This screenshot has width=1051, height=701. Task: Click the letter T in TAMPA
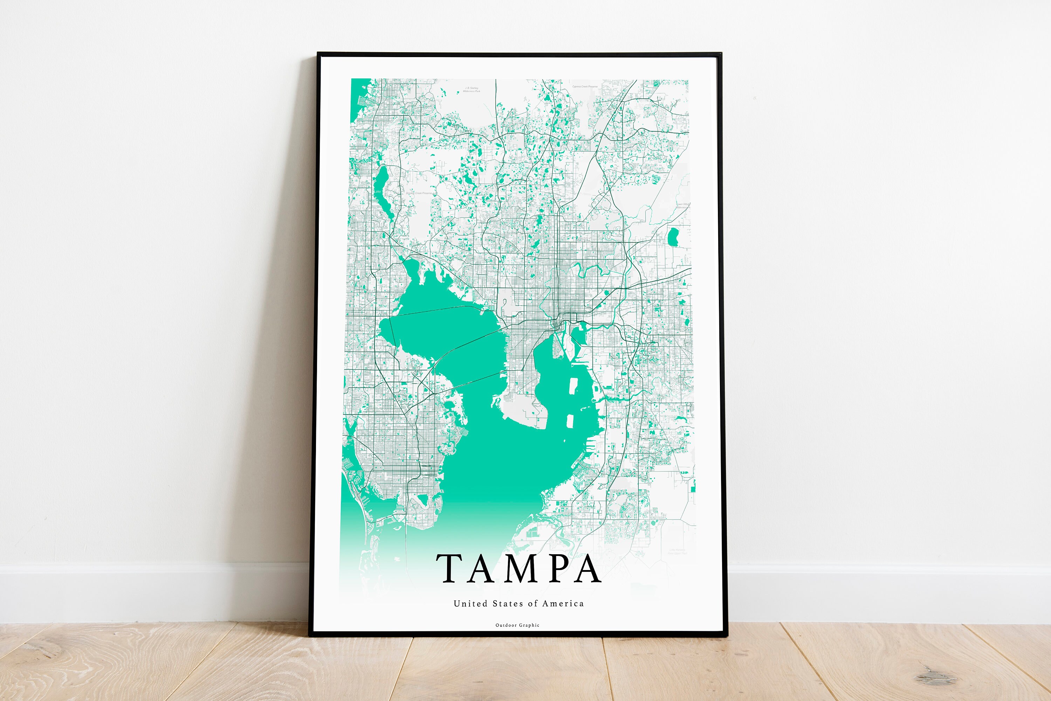(x=451, y=569)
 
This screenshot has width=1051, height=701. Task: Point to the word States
(x=508, y=604)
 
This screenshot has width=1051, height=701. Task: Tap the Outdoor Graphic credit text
(x=517, y=625)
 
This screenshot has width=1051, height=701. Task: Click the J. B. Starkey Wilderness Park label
(x=472, y=89)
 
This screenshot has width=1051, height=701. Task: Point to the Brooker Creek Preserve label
(x=419, y=193)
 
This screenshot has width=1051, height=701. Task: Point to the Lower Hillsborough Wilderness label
(x=682, y=206)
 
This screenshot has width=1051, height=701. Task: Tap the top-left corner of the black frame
(x=318, y=54)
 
